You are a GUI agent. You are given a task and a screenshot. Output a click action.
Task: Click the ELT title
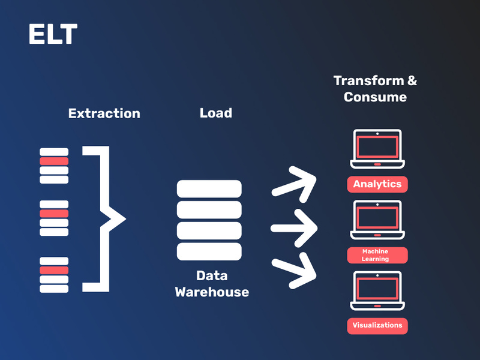click(x=53, y=34)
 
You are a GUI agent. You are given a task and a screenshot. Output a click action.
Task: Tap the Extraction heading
click(x=104, y=113)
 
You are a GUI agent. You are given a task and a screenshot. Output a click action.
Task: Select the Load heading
click(x=216, y=113)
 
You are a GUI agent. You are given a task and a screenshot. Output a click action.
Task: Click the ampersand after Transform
click(x=412, y=80)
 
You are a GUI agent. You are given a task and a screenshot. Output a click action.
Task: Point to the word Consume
click(x=375, y=97)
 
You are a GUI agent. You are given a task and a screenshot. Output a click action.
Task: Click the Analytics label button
click(x=377, y=184)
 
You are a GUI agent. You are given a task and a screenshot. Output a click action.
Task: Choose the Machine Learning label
click(x=377, y=255)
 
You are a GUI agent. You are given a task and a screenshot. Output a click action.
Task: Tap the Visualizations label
click(x=377, y=326)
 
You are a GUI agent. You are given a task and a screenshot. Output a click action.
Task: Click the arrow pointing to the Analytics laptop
click(x=295, y=184)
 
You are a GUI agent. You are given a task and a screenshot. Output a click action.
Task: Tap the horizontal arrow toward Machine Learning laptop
click(x=294, y=228)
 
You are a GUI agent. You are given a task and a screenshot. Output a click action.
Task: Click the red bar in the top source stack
click(x=54, y=161)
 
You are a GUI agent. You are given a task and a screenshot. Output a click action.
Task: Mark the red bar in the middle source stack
click(x=54, y=214)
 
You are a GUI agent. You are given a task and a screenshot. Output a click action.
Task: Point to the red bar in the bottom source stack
click(x=54, y=270)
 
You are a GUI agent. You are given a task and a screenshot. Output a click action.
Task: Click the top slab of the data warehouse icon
click(x=209, y=188)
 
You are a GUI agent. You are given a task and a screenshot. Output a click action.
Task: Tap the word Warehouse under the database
click(x=212, y=292)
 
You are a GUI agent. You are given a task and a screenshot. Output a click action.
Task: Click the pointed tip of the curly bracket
click(x=125, y=219)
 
